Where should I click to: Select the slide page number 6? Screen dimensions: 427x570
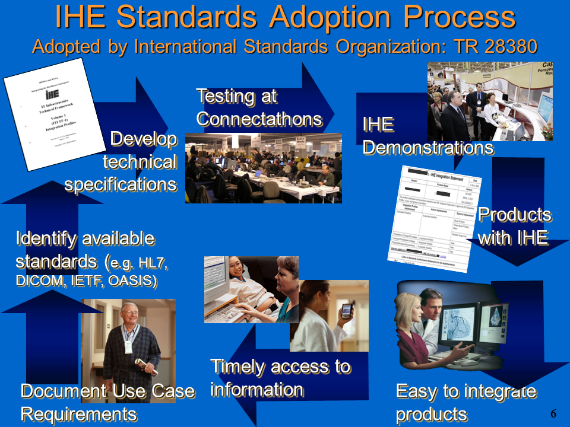click(x=553, y=413)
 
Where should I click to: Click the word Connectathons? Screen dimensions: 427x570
click(x=259, y=119)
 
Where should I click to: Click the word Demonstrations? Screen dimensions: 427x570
click(x=427, y=147)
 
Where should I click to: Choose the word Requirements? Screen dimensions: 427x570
click(x=78, y=413)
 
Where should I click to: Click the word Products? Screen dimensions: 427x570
click(x=514, y=215)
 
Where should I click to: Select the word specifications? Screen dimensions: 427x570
click(x=121, y=184)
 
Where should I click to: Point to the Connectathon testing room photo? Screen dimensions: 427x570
click(x=263, y=168)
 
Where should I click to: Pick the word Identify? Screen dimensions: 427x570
click(x=46, y=238)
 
